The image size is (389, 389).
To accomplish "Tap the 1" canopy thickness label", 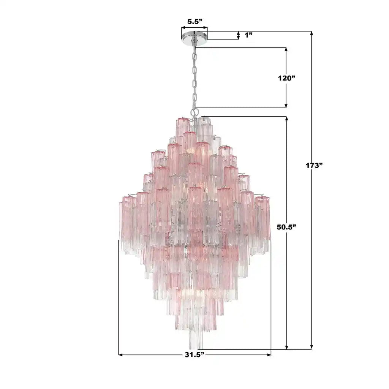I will point(249,35).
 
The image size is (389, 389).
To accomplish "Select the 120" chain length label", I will point(286,78).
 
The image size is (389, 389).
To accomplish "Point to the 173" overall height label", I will point(313,166).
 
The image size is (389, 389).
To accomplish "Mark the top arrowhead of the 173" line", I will point(312,33).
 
